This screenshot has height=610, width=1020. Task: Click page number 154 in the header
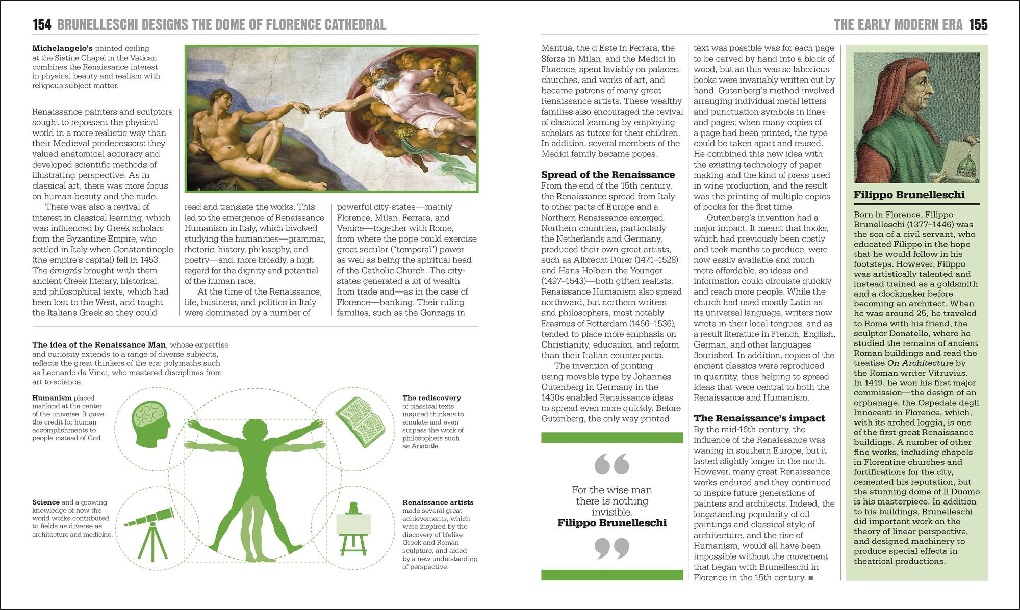pos(42,24)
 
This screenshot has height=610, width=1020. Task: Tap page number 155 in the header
pos(978,24)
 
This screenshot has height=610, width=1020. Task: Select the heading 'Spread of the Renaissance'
pos(607,175)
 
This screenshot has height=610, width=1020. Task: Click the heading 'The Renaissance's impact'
pos(759,418)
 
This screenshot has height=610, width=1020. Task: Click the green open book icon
pos(360,421)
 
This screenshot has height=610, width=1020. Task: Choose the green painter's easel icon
pos(353,528)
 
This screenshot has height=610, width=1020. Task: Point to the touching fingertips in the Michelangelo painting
pos(312,109)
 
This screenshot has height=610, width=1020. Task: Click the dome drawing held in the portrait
pos(961,168)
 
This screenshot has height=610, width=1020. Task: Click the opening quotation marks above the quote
pos(611,463)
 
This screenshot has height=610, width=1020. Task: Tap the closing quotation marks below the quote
pos(611,548)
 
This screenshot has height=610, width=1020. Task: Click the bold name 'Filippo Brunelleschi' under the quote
pos(611,523)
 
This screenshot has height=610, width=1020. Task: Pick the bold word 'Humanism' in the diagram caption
pos(52,398)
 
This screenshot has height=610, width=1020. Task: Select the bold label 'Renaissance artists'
pos(438,502)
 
